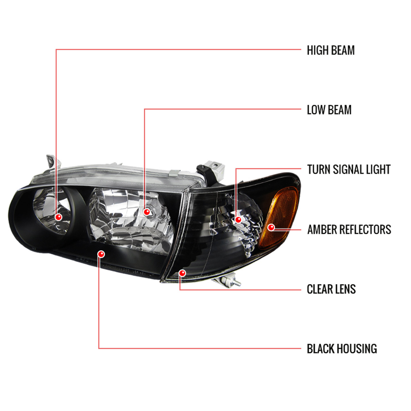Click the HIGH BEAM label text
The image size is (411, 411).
(x=330, y=50)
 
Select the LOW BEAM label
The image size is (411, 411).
(x=329, y=110)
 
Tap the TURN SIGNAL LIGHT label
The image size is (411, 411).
(x=348, y=170)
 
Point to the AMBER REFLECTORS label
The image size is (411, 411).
(x=349, y=230)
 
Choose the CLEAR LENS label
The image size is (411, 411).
(x=331, y=289)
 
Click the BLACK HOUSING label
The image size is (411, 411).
(x=342, y=349)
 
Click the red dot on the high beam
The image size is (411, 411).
(x=58, y=217)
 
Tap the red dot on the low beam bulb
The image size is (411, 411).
(x=147, y=212)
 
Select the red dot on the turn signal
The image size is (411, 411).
(x=238, y=220)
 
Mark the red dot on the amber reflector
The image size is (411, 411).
(x=271, y=227)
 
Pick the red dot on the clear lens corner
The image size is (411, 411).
(x=182, y=273)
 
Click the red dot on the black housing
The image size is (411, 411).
(x=101, y=254)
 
